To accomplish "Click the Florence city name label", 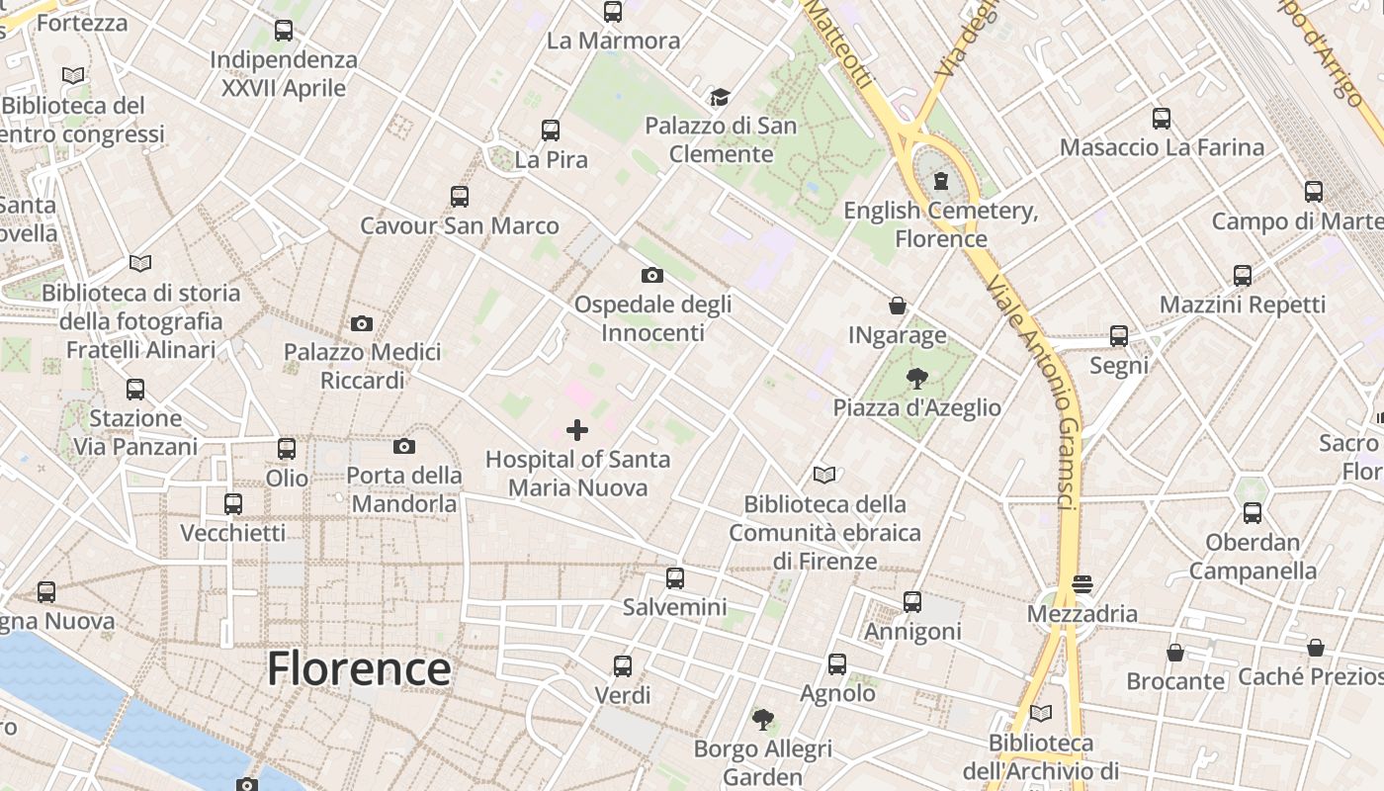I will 359,669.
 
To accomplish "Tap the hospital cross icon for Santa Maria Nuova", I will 577,429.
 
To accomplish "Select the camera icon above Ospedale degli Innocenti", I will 651,275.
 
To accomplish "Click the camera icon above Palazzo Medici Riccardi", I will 362,323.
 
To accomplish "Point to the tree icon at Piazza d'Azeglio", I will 916,378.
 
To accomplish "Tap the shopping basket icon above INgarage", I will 898,306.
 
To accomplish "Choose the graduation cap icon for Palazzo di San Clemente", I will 720,97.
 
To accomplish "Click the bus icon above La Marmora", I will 613,12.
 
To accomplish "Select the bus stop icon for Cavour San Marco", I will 460,196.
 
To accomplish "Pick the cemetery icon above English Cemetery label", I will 941,181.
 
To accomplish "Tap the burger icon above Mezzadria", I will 1082,583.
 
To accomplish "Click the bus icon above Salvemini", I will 675,578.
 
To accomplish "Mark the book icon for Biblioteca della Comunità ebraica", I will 824,475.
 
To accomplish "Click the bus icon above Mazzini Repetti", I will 1243,275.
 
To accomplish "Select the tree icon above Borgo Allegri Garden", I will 762,719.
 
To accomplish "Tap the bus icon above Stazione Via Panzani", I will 135,389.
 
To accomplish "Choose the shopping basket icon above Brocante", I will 1175,653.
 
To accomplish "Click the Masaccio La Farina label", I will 1162,148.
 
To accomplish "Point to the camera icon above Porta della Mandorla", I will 403,446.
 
